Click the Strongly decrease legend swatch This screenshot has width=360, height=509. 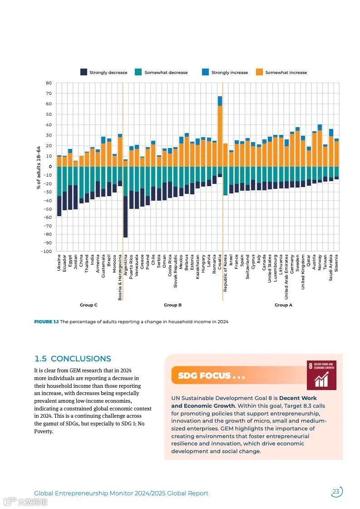point(84,72)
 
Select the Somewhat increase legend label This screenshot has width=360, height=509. point(286,73)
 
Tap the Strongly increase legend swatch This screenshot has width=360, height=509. point(205,72)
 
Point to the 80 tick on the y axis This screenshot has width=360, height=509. point(49,83)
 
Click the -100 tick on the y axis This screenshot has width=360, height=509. point(47,251)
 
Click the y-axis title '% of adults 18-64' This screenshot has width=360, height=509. point(39,167)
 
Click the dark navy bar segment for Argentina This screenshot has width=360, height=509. point(125,217)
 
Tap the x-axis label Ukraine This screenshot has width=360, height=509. point(59,262)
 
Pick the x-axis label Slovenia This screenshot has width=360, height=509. point(336,263)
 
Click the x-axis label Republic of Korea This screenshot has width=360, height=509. point(226,273)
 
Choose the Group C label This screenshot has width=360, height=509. point(89,305)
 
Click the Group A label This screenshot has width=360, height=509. point(283,305)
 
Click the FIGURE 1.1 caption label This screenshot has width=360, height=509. point(46,322)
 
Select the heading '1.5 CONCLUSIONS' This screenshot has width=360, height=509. point(73,359)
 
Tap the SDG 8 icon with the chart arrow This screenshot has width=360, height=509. point(321,376)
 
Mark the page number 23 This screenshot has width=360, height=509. point(336,492)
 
